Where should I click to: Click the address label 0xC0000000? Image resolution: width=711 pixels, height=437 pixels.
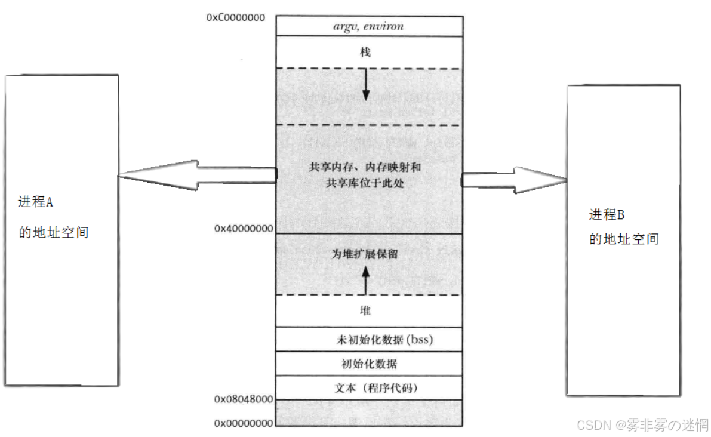click(236, 18)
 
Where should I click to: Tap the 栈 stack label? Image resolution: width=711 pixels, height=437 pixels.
click(365, 53)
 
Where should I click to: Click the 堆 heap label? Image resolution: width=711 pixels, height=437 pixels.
click(365, 311)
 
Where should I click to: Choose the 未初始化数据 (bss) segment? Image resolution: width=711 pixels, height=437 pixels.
click(384, 341)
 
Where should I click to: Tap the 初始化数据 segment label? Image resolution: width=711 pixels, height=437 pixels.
click(368, 364)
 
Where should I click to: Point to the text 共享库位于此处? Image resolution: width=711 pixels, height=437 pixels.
click(365, 183)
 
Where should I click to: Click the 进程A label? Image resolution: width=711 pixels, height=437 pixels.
click(35, 202)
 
